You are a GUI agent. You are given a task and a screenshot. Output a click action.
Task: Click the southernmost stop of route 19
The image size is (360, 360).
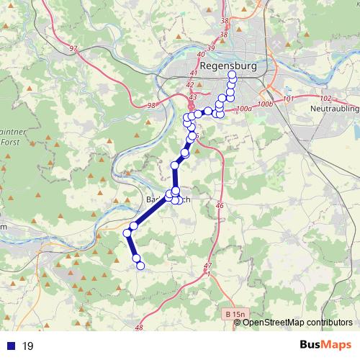[140, 266]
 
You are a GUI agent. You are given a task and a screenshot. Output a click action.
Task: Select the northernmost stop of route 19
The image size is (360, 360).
[232, 75]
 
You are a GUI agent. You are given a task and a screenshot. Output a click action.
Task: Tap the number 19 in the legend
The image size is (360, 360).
[28, 346]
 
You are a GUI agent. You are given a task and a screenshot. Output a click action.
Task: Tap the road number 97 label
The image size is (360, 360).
[73, 49]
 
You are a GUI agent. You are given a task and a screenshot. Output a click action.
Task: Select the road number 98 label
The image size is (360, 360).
[150, 105]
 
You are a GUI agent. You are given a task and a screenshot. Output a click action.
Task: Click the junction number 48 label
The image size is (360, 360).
[139, 328]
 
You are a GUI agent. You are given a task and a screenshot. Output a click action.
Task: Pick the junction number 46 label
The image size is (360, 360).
[219, 206]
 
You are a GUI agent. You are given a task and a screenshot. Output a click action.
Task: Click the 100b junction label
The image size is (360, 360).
[265, 104]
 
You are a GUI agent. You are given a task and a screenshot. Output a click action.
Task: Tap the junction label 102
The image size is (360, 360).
[324, 98]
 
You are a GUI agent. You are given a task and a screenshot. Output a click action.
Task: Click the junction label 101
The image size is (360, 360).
[289, 99]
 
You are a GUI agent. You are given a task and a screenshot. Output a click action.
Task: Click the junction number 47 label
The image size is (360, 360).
[209, 266]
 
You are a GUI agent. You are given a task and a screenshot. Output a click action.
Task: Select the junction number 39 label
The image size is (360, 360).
[210, 48]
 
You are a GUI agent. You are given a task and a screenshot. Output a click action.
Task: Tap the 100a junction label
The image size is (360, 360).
[243, 109]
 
